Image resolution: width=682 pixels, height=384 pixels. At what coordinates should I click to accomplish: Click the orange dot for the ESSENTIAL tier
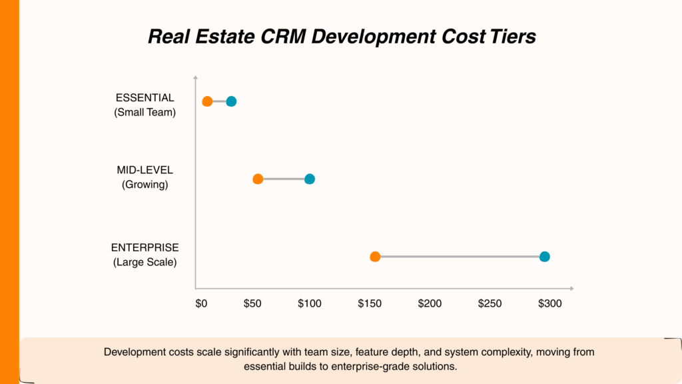(207, 101)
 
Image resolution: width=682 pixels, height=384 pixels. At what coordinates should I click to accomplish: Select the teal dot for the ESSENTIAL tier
(231, 101)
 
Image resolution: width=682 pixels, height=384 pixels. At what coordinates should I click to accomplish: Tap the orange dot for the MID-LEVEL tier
(258, 179)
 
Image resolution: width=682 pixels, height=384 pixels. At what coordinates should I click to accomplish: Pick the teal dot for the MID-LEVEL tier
(310, 179)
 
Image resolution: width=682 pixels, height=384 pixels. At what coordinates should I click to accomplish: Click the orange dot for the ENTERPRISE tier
(375, 257)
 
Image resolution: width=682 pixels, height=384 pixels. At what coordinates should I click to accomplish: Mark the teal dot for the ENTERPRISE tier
(545, 257)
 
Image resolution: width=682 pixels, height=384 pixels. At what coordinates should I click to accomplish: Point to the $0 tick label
(201, 303)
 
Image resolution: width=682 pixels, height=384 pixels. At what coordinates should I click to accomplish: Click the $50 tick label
(252, 303)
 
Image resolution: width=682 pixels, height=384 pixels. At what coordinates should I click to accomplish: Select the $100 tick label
(310, 303)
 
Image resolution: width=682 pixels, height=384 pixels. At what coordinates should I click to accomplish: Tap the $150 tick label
(370, 303)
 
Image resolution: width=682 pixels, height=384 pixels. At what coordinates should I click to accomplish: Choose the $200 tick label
(430, 303)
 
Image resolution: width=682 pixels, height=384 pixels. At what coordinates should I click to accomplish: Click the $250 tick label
(490, 303)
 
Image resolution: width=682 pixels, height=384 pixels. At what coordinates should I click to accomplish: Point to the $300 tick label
(549, 303)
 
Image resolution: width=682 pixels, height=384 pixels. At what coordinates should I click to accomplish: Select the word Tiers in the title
(511, 36)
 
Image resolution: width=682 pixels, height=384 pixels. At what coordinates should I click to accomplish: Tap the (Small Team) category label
(145, 113)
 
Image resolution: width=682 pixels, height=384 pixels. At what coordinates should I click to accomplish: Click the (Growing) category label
(145, 185)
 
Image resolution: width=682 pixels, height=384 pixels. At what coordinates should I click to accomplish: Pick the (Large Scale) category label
(145, 262)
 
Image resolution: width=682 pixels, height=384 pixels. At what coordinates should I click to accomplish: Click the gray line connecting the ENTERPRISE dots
(460, 257)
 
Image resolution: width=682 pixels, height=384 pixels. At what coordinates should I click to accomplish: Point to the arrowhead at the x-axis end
(571, 288)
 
